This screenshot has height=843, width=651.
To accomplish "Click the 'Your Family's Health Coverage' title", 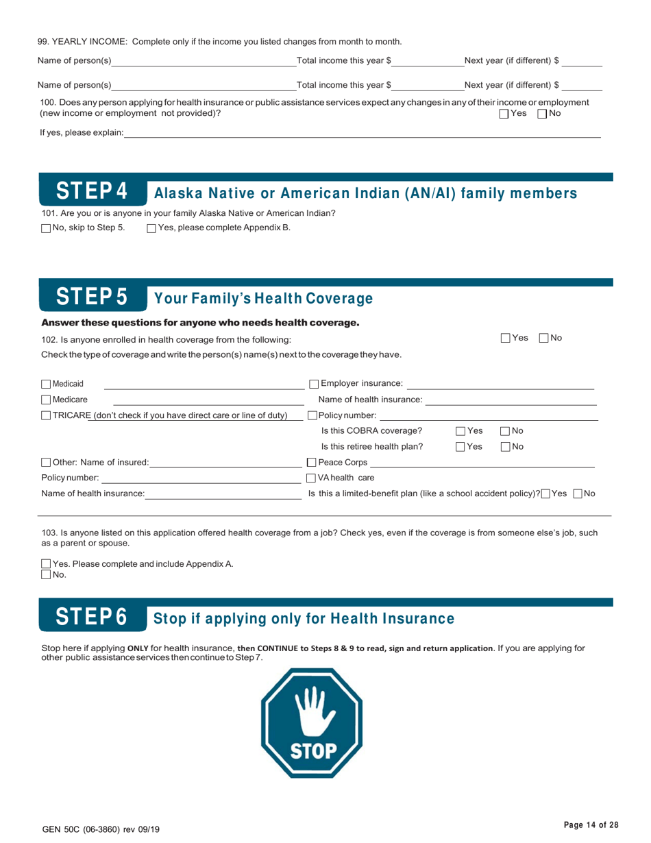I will tap(264, 299).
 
